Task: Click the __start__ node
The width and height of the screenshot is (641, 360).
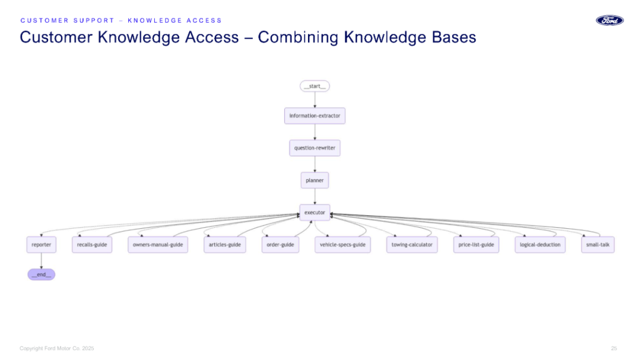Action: click(x=315, y=86)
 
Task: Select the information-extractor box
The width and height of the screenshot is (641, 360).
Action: click(x=315, y=116)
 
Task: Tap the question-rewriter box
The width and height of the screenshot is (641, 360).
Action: click(x=315, y=148)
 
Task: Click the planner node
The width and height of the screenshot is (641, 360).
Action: click(x=315, y=180)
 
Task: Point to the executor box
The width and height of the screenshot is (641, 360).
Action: click(x=315, y=212)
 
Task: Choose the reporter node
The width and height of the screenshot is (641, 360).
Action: click(x=42, y=245)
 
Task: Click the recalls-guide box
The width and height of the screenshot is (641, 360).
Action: click(x=92, y=245)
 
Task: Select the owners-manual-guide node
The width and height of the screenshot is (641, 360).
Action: click(x=158, y=245)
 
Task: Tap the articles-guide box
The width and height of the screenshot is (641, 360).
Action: click(x=225, y=245)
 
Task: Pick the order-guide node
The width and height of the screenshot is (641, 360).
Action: click(x=280, y=245)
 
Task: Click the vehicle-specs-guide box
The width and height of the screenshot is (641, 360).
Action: click(x=342, y=245)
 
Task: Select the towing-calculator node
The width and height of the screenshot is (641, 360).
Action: click(x=412, y=245)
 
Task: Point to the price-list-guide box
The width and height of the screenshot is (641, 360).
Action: click(x=476, y=245)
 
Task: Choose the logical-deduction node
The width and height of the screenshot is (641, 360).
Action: click(x=540, y=245)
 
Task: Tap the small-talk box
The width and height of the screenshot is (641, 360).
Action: click(x=598, y=245)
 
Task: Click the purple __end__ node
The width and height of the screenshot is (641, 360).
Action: click(x=42, y=275)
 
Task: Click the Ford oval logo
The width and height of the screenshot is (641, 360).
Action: click(x=610, y=20)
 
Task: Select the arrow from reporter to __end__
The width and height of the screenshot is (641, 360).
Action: click(x=42, y=261)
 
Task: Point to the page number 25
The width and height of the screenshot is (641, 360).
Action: click(x=614, y=348)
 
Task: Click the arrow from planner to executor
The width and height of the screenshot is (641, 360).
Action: click(x=315, y=196)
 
